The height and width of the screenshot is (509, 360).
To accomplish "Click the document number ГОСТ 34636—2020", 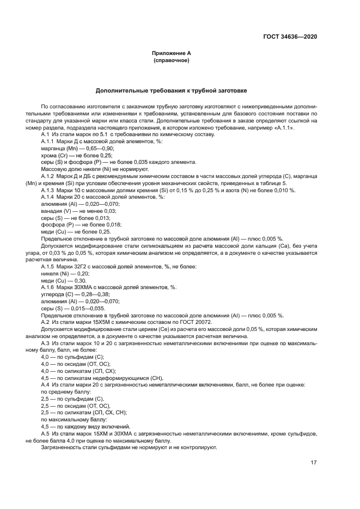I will click(x=290, y=37).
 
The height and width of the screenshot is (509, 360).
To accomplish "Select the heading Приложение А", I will click(x=172, y=53).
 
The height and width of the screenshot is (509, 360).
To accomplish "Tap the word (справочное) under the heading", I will click(x=172, y=60).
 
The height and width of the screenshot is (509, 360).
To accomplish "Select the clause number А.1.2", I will click(x=48, y=176).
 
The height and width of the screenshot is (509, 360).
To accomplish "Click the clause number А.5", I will click(x=46, y=434).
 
